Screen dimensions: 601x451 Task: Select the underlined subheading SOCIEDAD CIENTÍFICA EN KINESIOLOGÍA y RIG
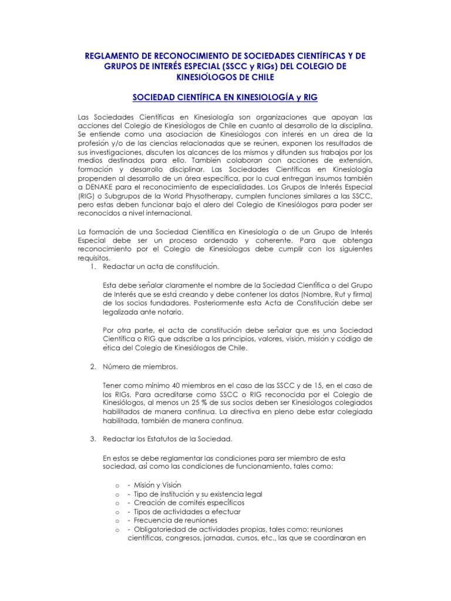point(225,96)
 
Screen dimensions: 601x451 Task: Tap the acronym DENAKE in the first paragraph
point(103,187)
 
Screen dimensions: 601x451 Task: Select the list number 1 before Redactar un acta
point(92,266)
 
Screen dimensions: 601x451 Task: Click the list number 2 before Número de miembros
point(92,367)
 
